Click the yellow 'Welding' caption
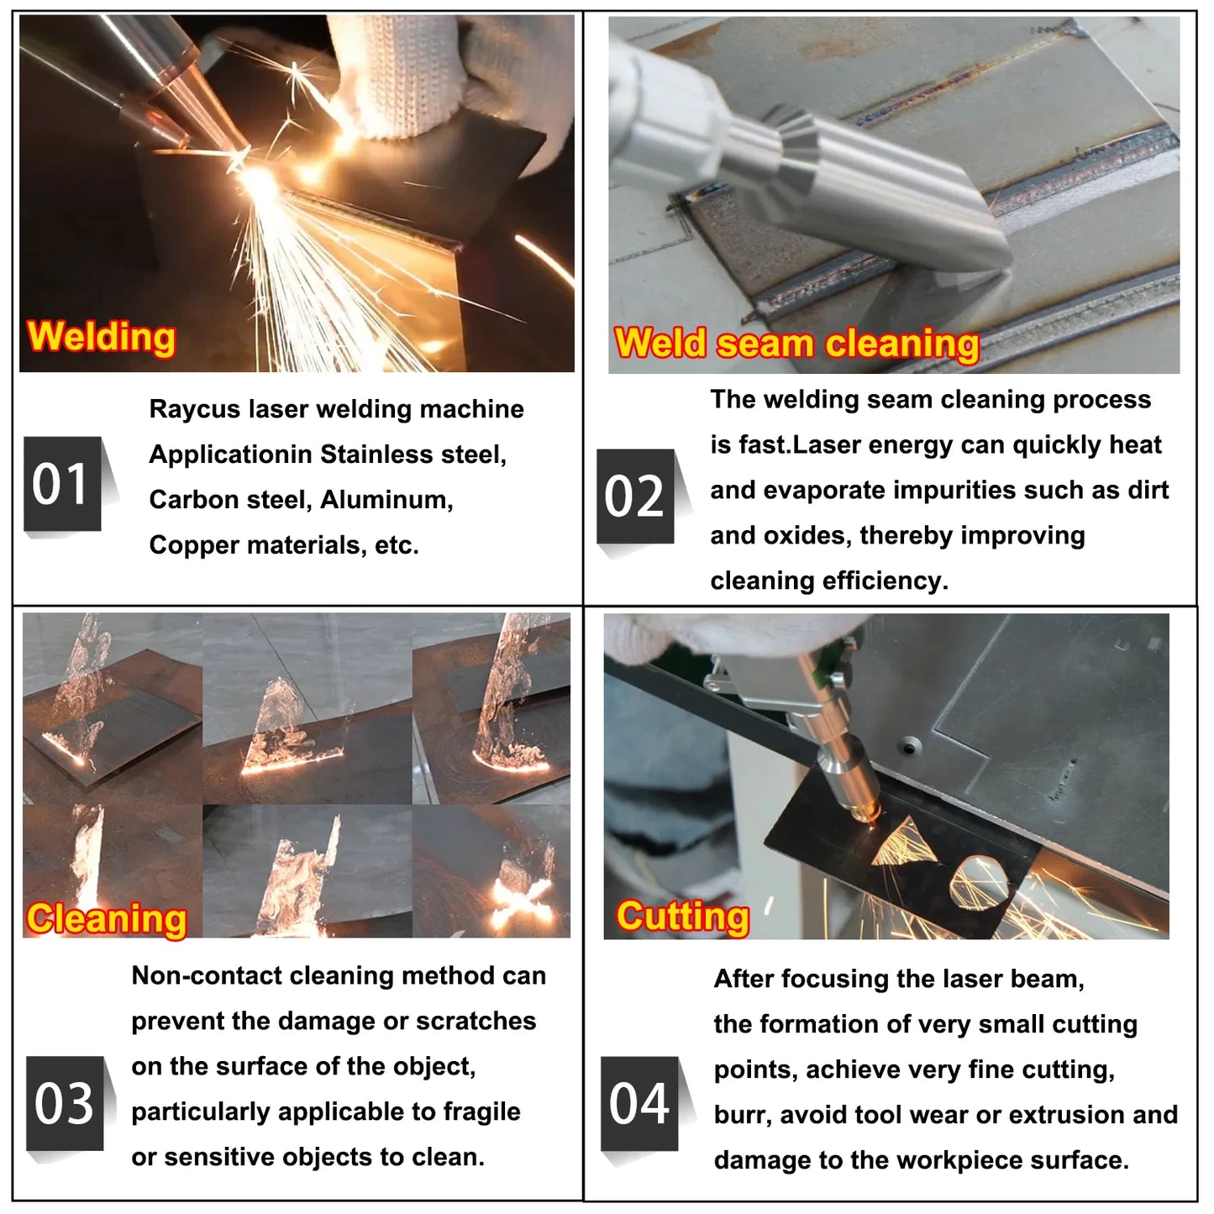click(x=102, y=338)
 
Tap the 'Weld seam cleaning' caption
click(x=796, y=344)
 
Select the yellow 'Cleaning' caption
click(x=107, y=919)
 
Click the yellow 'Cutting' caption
click(x=682, y=917)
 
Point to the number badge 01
click(x=62, y=484)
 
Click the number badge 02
click(x=635, y=497)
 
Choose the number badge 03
click(x=65, y=1103)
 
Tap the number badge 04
click(x=639, y=1103)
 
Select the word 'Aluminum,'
click(x=386, y=501)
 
